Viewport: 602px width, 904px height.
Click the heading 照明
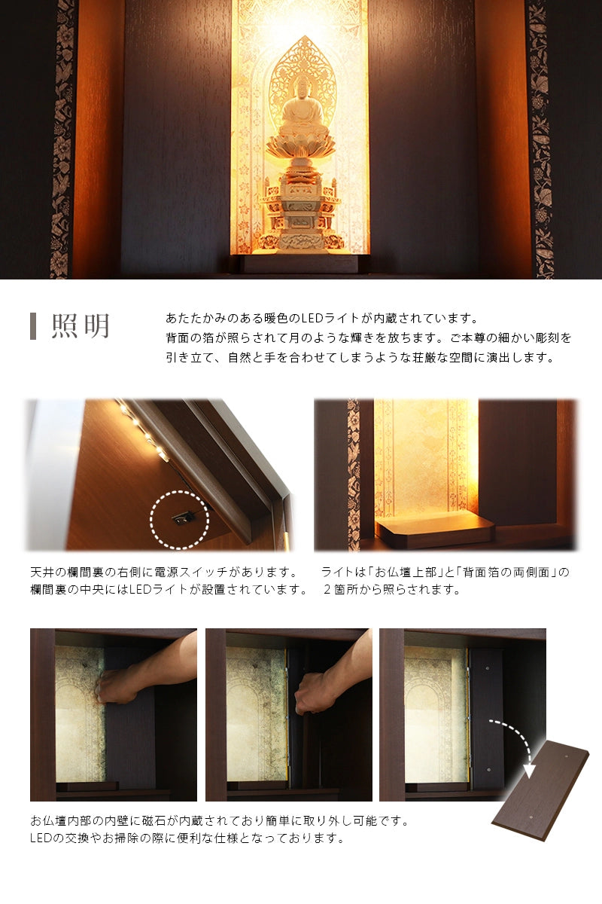pos(81,326)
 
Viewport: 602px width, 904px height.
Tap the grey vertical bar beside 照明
pos(33,326)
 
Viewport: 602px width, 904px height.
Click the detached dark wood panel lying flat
pos(540,791)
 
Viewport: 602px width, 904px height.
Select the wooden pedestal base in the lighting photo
pos(436,530)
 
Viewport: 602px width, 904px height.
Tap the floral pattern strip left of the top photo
pos(64,139)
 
